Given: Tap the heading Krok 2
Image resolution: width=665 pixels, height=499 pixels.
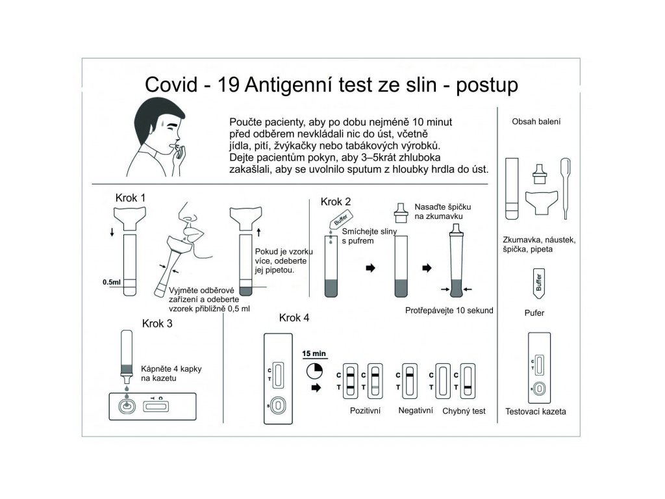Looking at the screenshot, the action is [x=336, y=201].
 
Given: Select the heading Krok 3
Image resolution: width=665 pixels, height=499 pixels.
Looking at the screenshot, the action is [x=157, y=323].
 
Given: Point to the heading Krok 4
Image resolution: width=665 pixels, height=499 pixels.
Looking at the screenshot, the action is [x=294, y=318].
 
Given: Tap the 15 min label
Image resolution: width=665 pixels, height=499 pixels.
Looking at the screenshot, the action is [x=314, y=353].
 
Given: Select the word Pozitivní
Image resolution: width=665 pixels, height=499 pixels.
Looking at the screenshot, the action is [x=365, y=411].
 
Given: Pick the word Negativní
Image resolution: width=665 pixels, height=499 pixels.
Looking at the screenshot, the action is [x=416, y=411].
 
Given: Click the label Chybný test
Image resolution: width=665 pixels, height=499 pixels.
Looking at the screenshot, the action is [x=464, y=411].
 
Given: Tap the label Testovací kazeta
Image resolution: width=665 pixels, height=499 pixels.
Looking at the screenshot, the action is [x=536, y=411].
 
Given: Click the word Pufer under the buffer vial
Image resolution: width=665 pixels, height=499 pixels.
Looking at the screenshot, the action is [x=534, y=313].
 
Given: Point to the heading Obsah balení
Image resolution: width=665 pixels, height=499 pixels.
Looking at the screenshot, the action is [x=536, y=122].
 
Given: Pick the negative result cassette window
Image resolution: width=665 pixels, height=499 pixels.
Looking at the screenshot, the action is [x=410, y=379].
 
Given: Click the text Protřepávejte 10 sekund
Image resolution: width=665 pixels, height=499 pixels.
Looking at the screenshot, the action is [x=449, y=310].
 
